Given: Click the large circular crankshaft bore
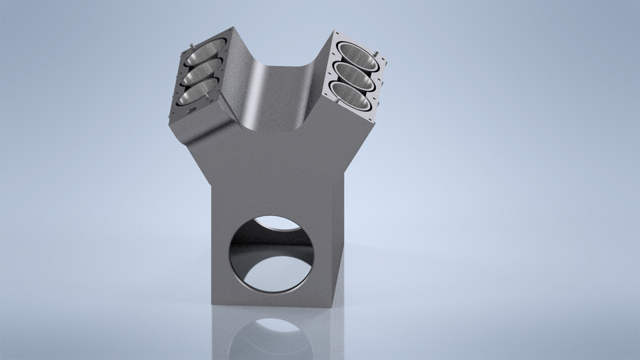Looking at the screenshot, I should (x=273, y=253).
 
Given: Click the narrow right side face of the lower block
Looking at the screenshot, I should (x=339, y=247).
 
